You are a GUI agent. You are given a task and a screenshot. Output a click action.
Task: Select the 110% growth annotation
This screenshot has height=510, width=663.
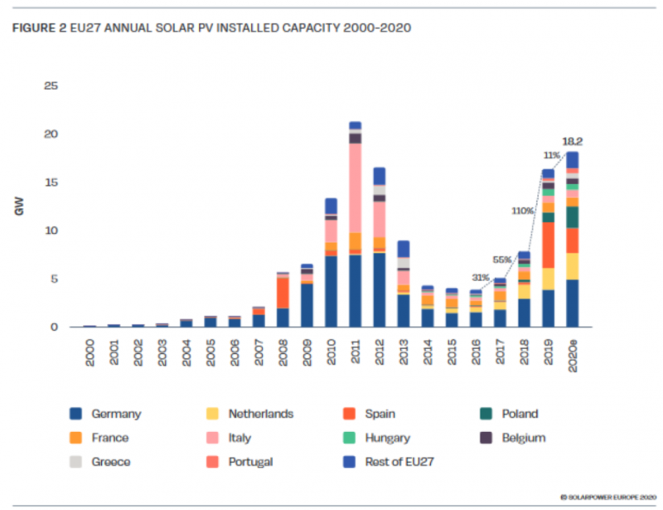pyautogui.click(x=522, y=211)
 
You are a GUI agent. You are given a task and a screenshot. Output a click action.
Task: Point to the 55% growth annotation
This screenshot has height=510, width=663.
pyautogui.click(x=503, y=260)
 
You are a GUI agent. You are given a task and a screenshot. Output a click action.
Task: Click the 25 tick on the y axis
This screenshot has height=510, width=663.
pyautogui.click(x=51, y=86)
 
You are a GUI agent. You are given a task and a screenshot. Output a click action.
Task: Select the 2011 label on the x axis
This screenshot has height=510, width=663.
pyautogui.click(x=356, y=348)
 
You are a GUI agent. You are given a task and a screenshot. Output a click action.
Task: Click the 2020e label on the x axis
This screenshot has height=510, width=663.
pyautogui.click(x=573, y=352)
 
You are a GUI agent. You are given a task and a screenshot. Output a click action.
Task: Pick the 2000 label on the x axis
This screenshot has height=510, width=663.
pyautogui.click(x=90, y=348)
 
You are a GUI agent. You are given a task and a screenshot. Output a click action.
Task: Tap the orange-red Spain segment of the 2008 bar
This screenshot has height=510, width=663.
pyautogui.click(x=283, y=292)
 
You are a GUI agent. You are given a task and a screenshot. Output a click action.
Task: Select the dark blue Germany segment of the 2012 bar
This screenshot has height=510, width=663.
pyautogui.click(x=380, y=289)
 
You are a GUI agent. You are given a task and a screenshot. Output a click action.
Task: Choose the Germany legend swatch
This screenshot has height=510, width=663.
pyautogui.click(x=75, y=414)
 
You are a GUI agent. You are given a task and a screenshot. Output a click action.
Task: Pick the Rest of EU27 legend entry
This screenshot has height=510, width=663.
pyautogui.click(x=393, y=462)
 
